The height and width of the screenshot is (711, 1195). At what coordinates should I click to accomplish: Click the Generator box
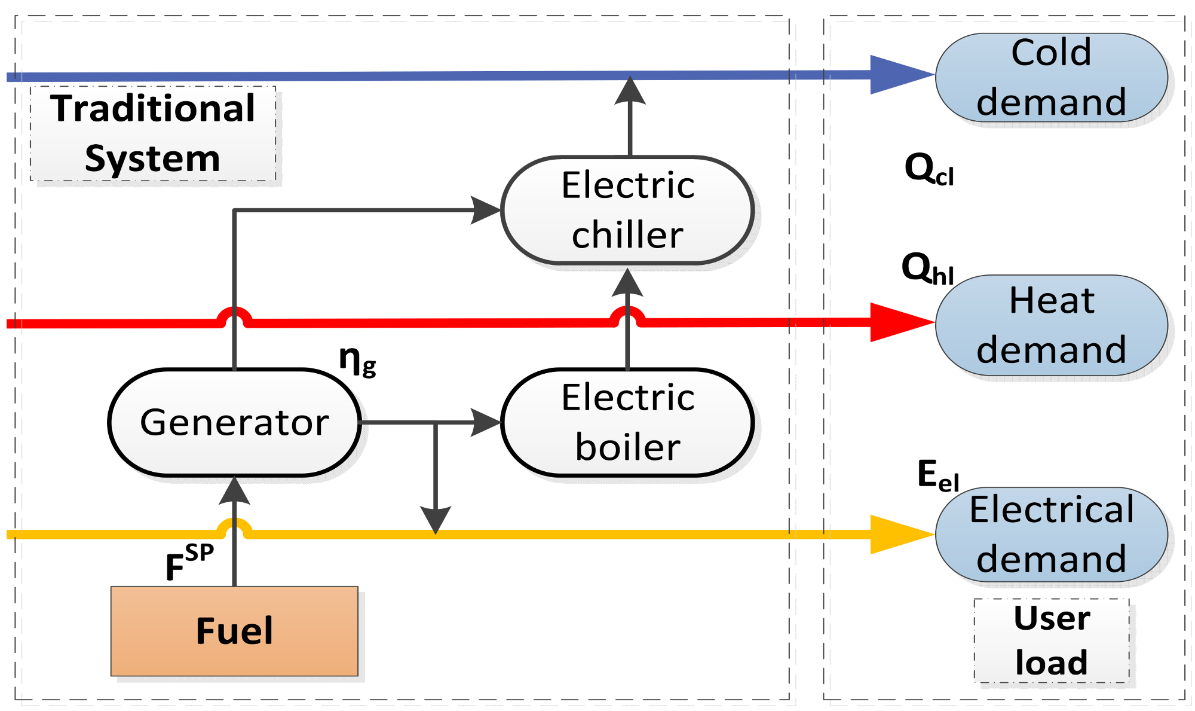(x=234, y=422)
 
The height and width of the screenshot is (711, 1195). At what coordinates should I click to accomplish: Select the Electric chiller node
(x=627, y=210)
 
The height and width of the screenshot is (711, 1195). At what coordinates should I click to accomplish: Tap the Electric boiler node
(x=627, y=422)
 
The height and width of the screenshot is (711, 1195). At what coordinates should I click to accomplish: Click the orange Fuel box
(x=234, y=631)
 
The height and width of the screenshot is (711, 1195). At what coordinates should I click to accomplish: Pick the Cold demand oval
(x=1051, y=77)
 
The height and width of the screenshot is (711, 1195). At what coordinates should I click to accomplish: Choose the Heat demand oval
(x=1051, y=325)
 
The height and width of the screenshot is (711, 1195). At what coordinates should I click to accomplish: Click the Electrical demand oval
(x=1051, y=534)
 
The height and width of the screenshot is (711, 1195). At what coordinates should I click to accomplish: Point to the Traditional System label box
(x=153, y=133)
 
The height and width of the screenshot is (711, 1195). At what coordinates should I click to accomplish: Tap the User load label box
(x=1052, y=640)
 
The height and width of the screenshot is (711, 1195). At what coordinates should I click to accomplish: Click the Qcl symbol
(x=929, y=169)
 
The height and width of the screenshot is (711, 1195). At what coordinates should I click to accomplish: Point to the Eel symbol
(x=937, y=477)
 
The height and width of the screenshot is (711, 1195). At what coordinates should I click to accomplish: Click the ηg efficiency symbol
(x=357, y=361)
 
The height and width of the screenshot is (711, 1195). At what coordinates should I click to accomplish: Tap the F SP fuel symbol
(x=188, y=563)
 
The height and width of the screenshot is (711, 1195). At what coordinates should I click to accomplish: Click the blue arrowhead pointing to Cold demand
(x=899, y=75)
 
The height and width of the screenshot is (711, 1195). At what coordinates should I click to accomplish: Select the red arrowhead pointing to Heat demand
(x=899, y=322)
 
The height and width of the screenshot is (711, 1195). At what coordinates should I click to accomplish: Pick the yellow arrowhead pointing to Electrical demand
(x=899, y=534)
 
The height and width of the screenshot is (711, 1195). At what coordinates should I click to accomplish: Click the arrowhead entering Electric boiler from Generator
(x=485, y=422)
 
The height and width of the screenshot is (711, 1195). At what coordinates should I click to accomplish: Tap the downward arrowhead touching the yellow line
(x=436, y=520)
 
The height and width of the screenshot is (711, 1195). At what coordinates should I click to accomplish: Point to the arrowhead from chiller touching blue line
(x=630, y=91)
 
